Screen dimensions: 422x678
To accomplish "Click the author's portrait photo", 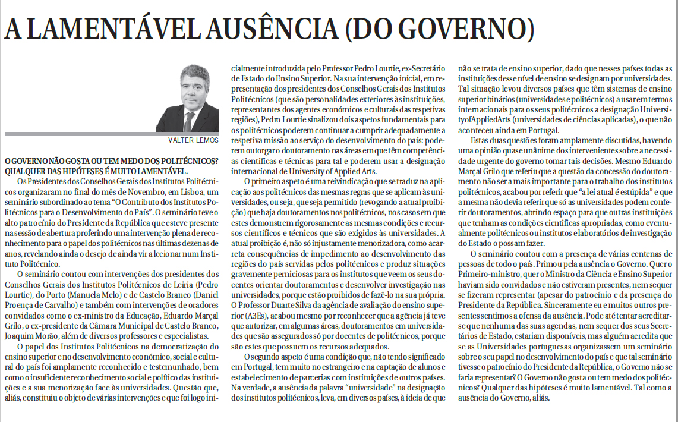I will pyautogui.click(x=188, y=98).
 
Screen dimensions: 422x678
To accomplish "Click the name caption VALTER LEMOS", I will pyautogui.click(x=195, y=140).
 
